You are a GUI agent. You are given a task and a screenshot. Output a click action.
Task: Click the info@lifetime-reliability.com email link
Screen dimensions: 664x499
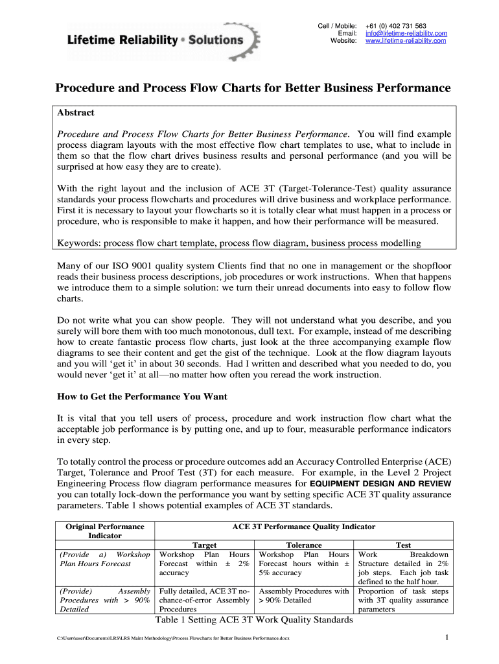[406, 33]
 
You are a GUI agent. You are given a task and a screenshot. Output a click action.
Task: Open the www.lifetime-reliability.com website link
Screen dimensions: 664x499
[406, 41]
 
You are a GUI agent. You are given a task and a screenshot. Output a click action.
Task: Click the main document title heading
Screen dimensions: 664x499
[252, 88]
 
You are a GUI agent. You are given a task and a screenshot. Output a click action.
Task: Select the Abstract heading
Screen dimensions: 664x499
[76, 113]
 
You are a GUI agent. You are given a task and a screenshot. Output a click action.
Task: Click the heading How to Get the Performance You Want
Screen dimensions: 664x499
[142, 396]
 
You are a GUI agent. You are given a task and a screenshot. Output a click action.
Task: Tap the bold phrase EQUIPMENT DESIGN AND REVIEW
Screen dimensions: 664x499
[381, 484]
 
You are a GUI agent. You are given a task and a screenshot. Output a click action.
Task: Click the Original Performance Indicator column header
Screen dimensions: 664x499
[105, 531]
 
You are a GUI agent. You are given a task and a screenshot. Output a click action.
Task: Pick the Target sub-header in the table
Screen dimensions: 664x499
[205, 545]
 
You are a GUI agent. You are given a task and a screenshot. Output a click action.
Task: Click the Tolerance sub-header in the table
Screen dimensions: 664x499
[304, 545]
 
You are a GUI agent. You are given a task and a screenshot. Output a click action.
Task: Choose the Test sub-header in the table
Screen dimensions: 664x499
[403, 545]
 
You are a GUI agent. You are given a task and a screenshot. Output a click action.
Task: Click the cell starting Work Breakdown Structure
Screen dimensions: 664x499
[403, 568]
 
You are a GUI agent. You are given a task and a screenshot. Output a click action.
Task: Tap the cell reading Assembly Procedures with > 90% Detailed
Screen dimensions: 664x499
[304, 595]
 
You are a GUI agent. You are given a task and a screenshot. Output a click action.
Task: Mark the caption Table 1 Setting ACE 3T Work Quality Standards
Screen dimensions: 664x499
[254, 620]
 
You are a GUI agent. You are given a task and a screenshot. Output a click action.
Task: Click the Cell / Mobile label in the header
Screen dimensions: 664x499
[337, 25]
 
